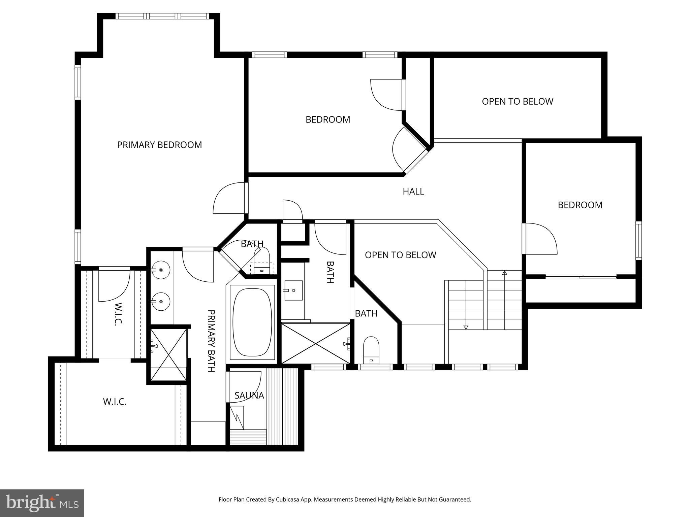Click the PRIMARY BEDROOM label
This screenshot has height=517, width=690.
coord(159,145)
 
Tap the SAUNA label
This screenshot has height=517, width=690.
coord(249,395)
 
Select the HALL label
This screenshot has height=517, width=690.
coord(413,192)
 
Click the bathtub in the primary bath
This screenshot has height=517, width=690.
coord(252,322)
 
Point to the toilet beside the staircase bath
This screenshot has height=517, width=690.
coord(371,350)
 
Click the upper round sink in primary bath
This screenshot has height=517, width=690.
coord(161,270)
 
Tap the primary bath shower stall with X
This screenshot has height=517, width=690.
coord(168,354)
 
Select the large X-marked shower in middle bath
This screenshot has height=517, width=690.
coord(315,343)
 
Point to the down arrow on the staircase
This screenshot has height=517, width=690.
coord(466,326)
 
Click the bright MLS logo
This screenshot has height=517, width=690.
coord(42,503)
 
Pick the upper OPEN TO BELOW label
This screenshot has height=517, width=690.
coord(517,101)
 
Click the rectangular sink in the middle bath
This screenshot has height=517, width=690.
coord(293,290)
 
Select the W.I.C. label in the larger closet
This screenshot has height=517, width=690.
coord(115,402)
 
